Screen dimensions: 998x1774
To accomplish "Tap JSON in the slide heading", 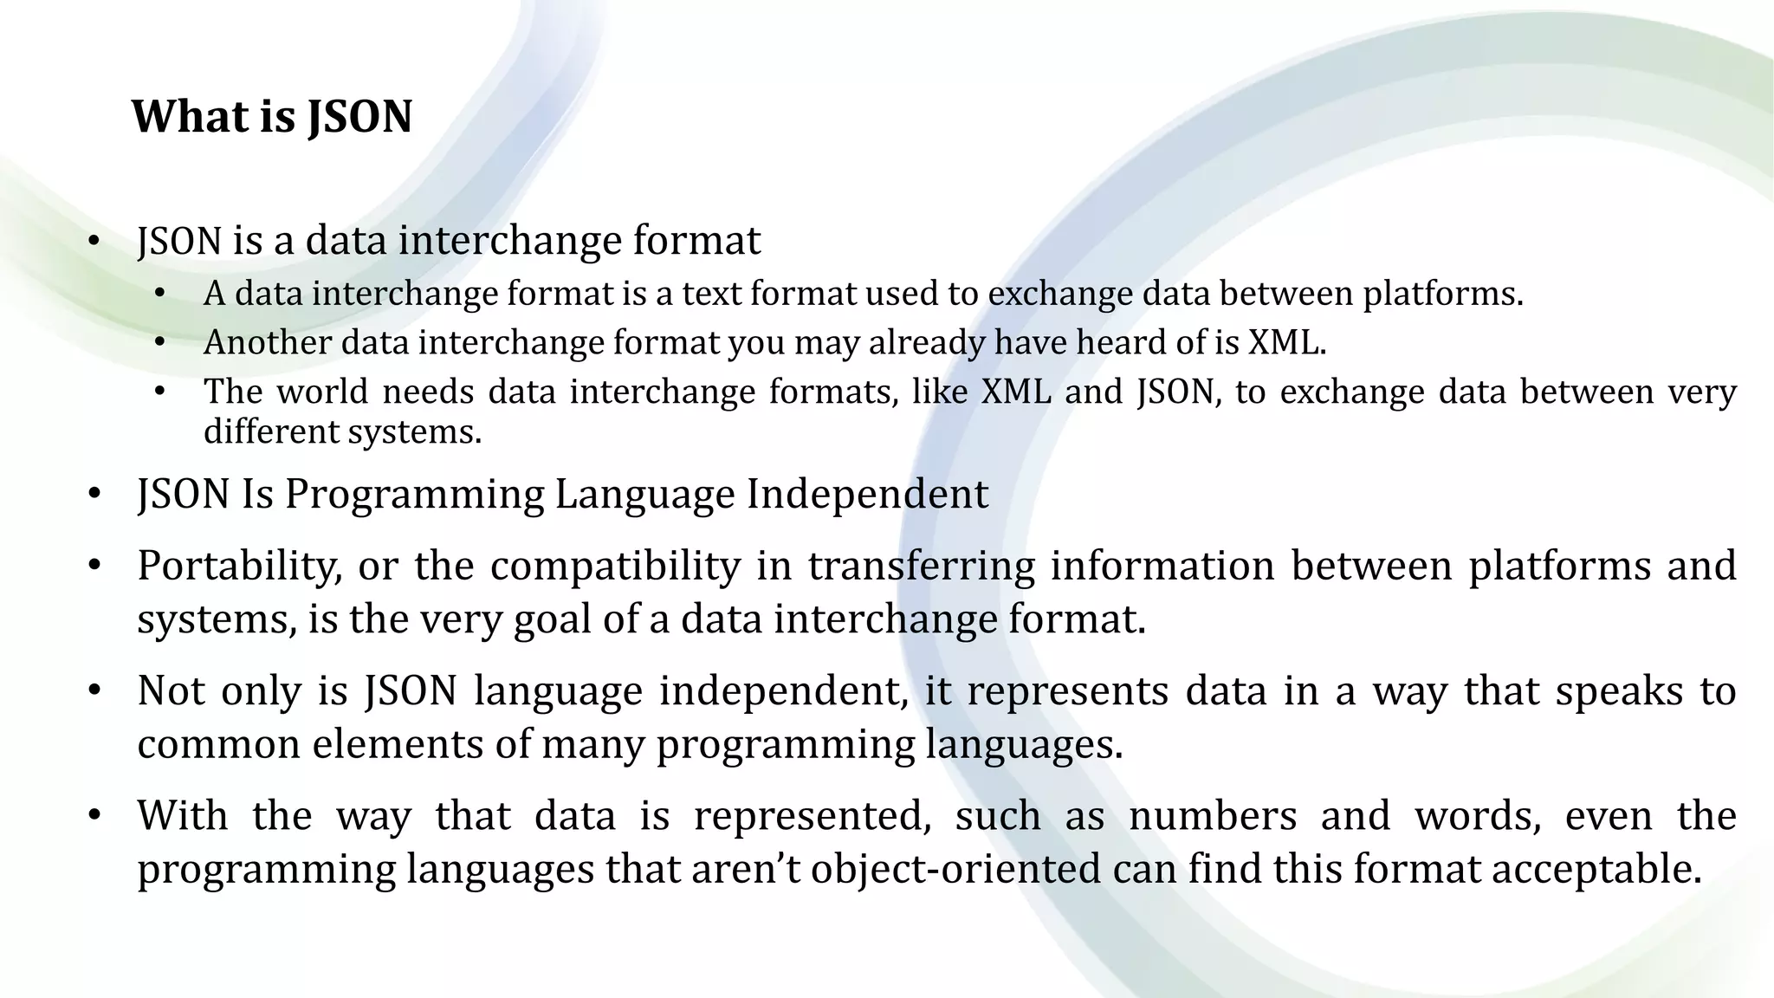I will [x=359, y=116].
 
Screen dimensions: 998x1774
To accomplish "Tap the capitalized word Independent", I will [x=867, y=496].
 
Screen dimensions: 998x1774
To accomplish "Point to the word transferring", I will [x=921, y=567].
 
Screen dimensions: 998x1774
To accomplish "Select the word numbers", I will [x=1213, y=817].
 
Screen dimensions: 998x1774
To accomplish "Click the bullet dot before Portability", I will [x=94, y=567].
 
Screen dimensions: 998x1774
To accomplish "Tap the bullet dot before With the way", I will [x=94, y=817].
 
